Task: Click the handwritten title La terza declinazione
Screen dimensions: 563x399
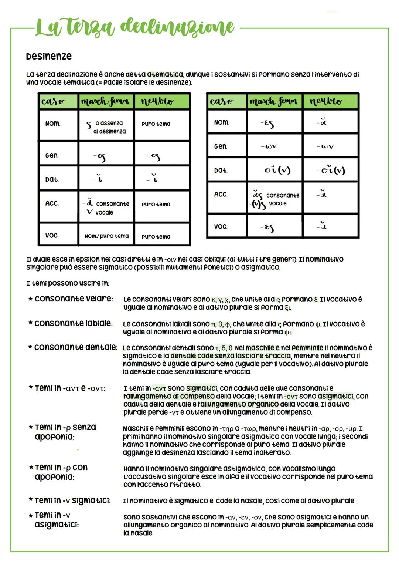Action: click(135, 27)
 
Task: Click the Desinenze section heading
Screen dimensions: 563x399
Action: click(49, 57)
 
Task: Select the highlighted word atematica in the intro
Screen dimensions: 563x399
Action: click(164, 74)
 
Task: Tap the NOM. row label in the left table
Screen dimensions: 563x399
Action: click(53, 124)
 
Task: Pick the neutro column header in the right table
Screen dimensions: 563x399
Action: click(326, 101)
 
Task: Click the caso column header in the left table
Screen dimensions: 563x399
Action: click(53, 101)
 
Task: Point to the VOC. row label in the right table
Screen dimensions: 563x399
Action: click(221, 226)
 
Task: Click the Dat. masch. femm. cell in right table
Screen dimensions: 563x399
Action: click(274, 170)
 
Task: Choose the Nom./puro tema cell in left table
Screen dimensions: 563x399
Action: click(106, 236)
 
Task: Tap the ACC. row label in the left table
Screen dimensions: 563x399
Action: click(52, 203)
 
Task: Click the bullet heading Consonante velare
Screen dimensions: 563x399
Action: click(74, 299)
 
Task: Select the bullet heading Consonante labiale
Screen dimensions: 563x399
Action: click(73, 323)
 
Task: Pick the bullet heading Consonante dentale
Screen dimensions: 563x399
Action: click(76, 347)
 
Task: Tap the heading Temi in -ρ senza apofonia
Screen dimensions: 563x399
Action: click(65, 432)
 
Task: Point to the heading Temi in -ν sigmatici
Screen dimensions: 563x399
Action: click(72, 500)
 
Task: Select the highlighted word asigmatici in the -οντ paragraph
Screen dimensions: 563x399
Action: click(335, 396)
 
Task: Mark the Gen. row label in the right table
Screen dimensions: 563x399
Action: click(221, 146)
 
